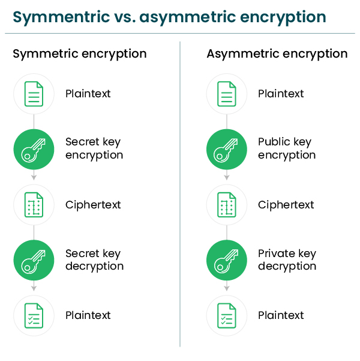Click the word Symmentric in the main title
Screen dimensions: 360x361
pos(61,17)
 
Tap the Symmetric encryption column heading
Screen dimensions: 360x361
pos(80,54)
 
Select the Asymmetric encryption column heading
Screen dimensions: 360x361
pos(277,54)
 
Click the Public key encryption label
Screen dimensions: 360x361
pos(287,148)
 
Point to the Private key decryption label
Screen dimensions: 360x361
pos(287,260)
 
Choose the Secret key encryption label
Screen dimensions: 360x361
pos(94,148)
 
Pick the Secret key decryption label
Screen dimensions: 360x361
pos(95,260)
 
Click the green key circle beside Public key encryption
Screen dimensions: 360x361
pos(227,150)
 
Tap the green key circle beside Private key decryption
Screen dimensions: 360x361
pos(227,260)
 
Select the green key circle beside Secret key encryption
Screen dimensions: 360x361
pos(34,150)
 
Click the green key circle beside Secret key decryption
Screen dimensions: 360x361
pos(34,260)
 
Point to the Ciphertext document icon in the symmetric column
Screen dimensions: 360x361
pos(34,205)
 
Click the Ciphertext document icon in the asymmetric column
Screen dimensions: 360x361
pos(227,205)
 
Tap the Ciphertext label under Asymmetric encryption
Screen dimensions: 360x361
pos(286,205)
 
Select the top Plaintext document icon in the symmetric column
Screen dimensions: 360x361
pos(34,94)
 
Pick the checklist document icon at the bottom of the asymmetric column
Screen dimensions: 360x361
pos(227,315)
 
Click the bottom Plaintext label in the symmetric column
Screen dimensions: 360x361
pos(88,315)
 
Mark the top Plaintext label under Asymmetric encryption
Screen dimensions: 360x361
pos(281,94)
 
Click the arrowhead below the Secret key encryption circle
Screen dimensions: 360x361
pos(34,178)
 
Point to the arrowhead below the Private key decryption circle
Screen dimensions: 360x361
pos(227,288)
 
